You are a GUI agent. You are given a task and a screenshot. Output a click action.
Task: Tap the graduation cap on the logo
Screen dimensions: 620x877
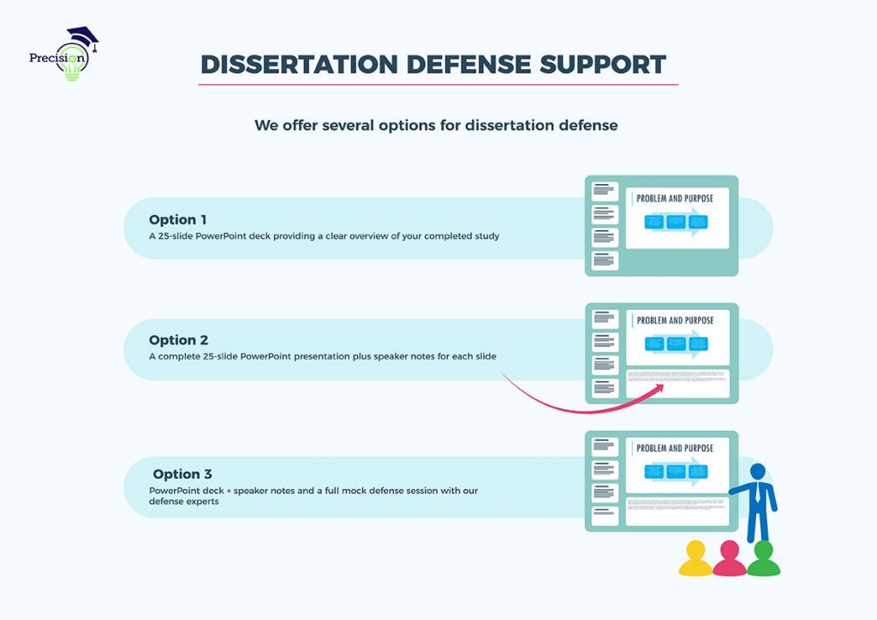point(82,36)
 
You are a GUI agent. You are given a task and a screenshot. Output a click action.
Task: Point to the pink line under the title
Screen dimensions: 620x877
point(438,84)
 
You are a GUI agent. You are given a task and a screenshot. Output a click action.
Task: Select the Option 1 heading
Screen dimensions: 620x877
point(177,219)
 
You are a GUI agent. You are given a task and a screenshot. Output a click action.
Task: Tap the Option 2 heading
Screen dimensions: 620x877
point(178,340)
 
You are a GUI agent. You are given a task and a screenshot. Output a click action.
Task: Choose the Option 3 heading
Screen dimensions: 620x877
point(182,474)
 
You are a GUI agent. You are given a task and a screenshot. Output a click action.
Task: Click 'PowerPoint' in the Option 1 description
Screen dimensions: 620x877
point(227,235)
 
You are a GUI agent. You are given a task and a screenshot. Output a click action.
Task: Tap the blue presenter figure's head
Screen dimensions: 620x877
point(757,472)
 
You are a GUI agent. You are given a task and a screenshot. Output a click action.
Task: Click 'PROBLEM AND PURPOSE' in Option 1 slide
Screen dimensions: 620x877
point(675,198)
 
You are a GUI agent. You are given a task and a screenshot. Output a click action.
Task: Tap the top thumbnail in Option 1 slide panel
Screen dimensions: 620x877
point(605,191)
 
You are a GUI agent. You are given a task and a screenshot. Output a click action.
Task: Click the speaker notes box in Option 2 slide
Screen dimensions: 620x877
point(677,383)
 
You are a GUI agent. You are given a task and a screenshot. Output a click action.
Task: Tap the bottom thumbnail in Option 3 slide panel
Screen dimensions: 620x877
point(605,516)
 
